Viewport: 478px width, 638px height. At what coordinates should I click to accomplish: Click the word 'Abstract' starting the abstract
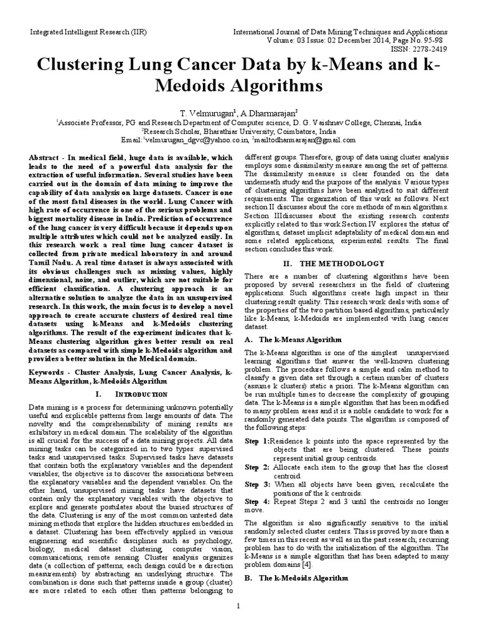(45, 159)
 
